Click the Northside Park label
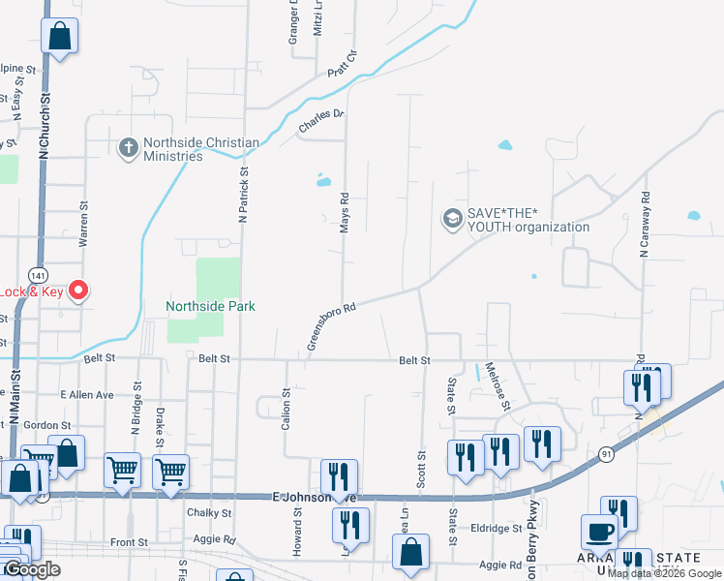210,306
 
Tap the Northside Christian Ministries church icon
128,149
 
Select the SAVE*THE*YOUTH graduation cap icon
452,220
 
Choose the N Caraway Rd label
644,224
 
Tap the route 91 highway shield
607,453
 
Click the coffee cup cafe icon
599,533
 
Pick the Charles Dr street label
321,121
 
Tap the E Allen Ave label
87,395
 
